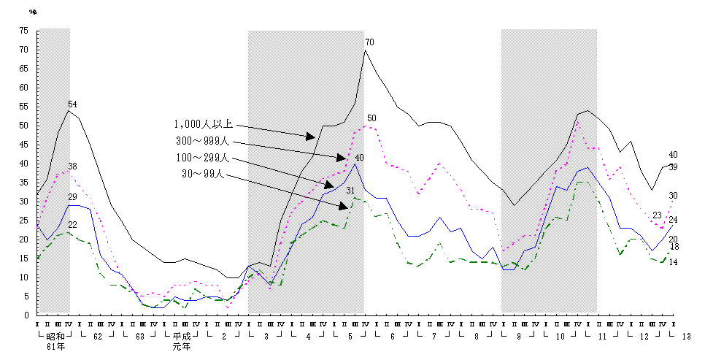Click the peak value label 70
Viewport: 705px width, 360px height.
pos(369,42)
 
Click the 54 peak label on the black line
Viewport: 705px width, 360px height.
pos(72,104)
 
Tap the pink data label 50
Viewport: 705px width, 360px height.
pos(371,118)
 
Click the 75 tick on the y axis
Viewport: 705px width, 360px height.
pos(24,31)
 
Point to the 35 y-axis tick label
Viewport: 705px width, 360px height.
pos(24,183)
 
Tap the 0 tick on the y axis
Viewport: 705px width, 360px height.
pos(26,315)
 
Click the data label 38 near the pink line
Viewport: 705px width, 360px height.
pos(72,166)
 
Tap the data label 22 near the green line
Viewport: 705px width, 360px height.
pos(72,225)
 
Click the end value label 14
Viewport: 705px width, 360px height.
pos(673,262)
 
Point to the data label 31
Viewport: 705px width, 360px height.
pos(350,191)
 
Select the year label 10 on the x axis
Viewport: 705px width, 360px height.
pos(560,337)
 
